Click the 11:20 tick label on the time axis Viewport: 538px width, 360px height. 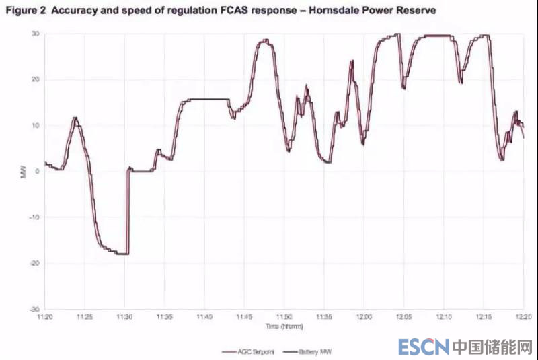point(45,316)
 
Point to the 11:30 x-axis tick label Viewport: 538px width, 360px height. point(125,316)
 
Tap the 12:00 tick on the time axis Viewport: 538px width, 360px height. point(364,316)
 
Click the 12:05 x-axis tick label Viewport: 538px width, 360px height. point(404,316)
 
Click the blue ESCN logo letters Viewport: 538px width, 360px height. point(423,347)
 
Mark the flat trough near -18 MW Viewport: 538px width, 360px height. point(119,253)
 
